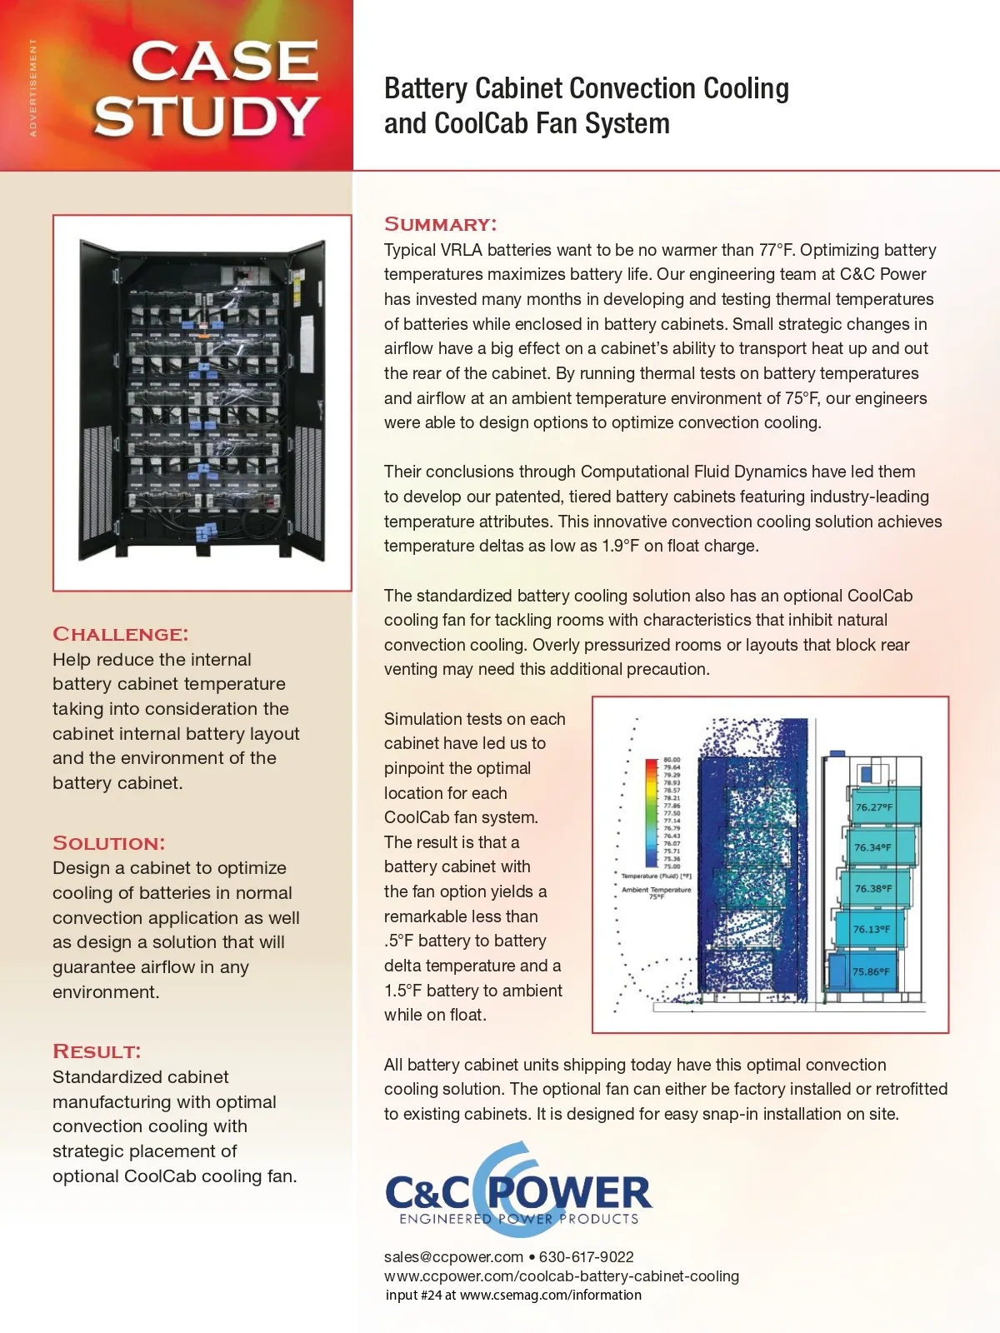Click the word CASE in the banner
click(224, 62)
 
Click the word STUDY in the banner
click(206, 116)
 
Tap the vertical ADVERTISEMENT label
click(33, 87)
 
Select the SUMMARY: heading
click(440, 224)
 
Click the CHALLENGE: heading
click(120, 634)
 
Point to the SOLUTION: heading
click(108, 843)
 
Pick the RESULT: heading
click(97, 1051)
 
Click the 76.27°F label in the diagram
click(873, 807)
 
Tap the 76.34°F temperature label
click(872, 847)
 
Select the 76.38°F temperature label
click(872, 888)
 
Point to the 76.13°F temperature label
click(871, 929)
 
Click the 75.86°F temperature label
click(870, 971)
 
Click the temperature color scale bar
click(652, 812)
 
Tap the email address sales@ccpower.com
click(453, 1256)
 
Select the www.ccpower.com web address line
click(561, 1276)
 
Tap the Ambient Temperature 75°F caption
click(656, 892)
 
